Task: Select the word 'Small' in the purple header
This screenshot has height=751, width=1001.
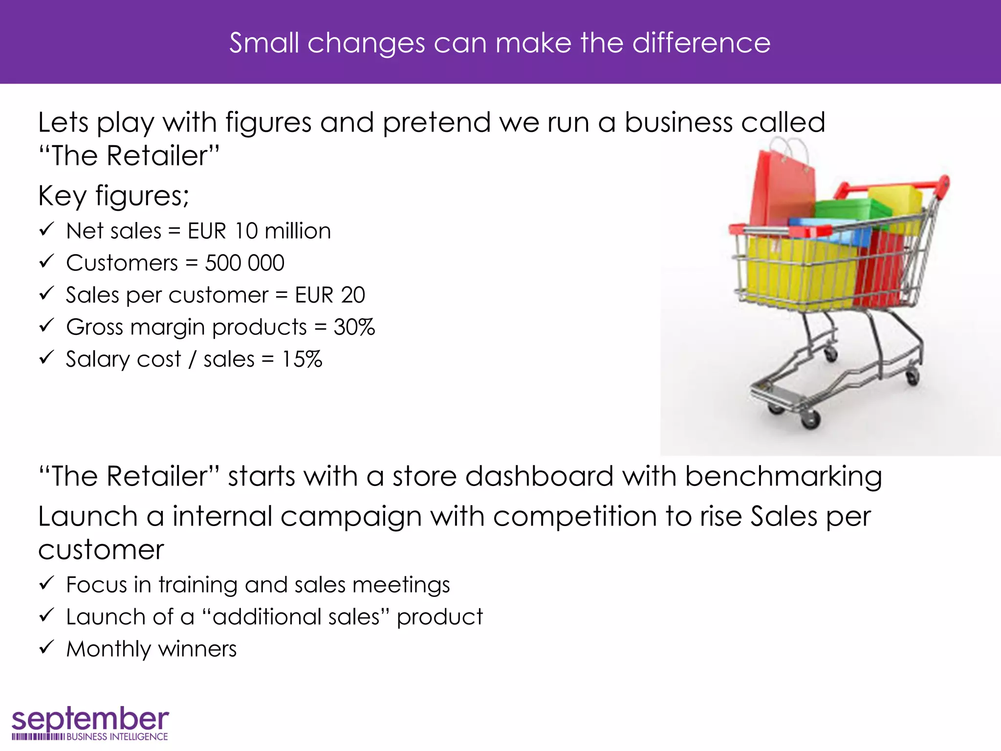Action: (264, 43)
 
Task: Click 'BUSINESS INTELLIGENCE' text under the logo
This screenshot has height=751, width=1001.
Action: (117, 737)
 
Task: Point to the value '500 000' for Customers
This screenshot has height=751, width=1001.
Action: (244, 263)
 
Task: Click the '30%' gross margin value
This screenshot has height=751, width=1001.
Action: (354, 327)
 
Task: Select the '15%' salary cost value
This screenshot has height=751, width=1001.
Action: (302, 359)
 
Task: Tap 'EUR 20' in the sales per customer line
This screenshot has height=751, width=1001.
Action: (330, 295)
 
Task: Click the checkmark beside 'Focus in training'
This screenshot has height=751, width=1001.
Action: (46, 583)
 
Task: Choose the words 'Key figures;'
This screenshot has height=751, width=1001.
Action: (113, 196)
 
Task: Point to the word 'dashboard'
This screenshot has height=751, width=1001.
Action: (539, 477)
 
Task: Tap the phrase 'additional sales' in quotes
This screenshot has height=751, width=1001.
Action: (296, 617)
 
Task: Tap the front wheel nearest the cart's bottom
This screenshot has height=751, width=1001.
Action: (809, 419)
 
